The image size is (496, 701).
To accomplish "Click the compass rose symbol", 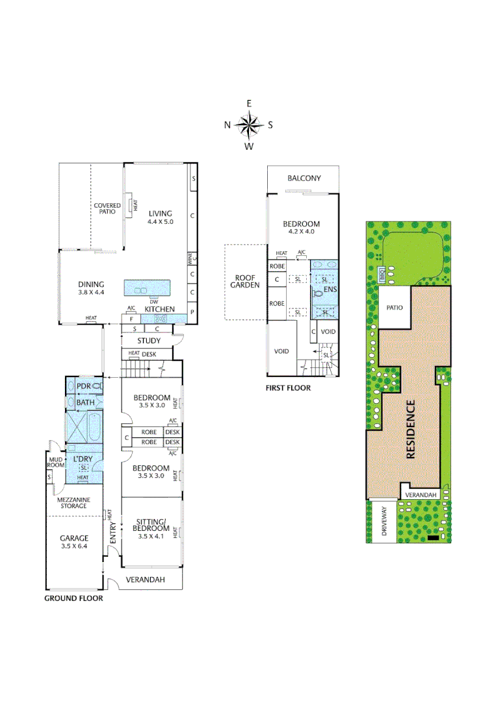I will pyautogui.click(x=248, y=125).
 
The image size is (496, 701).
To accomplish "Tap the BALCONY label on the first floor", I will pyautogui.click(x=304, y=178).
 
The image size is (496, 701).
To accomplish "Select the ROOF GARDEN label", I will pyautogui.click(x=245, y=280).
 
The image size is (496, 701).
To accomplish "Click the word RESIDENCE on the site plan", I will pyautogui.click(x=411, y=430).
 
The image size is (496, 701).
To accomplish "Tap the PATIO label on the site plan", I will pyautogui.click(x=395, y=308).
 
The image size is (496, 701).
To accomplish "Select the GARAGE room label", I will pyautogui.click(x=74, y=538).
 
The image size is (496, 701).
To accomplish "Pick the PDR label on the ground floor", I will pyautogui.click(x=84, y=386).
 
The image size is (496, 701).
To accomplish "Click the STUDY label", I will pyautogui.click(x=149, y=341).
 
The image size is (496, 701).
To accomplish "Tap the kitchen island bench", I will pyautogui.click(x=147, y=288).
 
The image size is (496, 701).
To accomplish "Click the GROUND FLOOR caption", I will pyautogui.click(x=73, y=598).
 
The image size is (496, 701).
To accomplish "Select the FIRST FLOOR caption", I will pyautogui.click(x=288, y=388).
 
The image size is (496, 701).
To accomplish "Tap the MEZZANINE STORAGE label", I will pyautogui.click(x=73, y=503).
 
